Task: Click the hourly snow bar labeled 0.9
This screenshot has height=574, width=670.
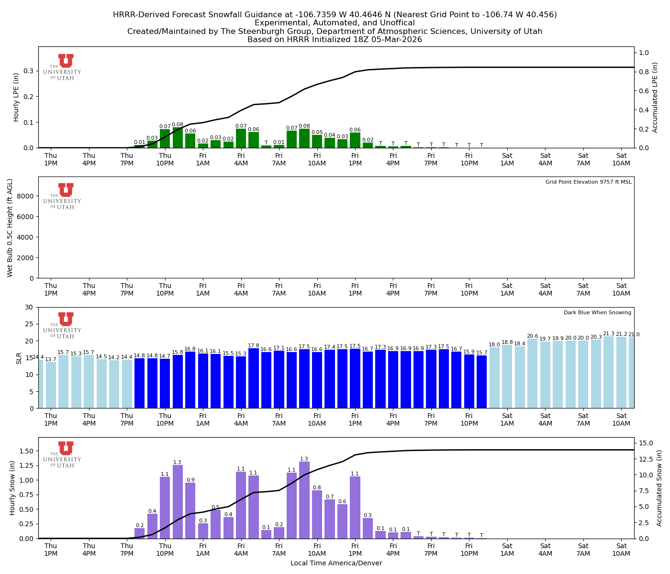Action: tap(190, 510)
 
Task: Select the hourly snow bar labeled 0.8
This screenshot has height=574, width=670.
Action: tap(317, 514)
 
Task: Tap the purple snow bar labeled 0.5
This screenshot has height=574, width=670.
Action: tap(216, 524)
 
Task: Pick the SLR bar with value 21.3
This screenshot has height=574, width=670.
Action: tap(608, 372)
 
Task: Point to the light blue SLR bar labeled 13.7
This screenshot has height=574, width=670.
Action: tap(51, 385)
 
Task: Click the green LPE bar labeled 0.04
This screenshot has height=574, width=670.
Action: tap(330, 143)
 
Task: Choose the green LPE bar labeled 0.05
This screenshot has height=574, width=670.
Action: tap(317, 141)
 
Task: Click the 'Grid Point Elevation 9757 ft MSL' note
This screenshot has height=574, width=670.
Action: tap(588, 182)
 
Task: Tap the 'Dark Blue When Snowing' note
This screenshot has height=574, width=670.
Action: tap(597, 312)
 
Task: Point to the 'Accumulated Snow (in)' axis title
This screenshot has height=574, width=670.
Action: tap(659, 488)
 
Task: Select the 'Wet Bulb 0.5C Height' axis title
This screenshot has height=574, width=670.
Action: tap(10, 228)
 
